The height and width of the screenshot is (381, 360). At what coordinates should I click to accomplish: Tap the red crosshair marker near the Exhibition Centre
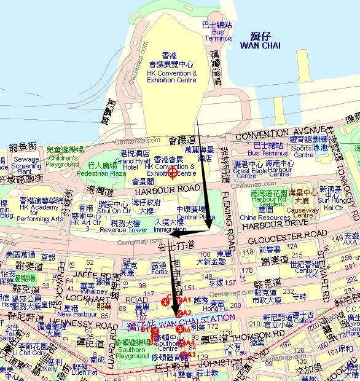(173, 172)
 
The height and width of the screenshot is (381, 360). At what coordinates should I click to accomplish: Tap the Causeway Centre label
(303, 211)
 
